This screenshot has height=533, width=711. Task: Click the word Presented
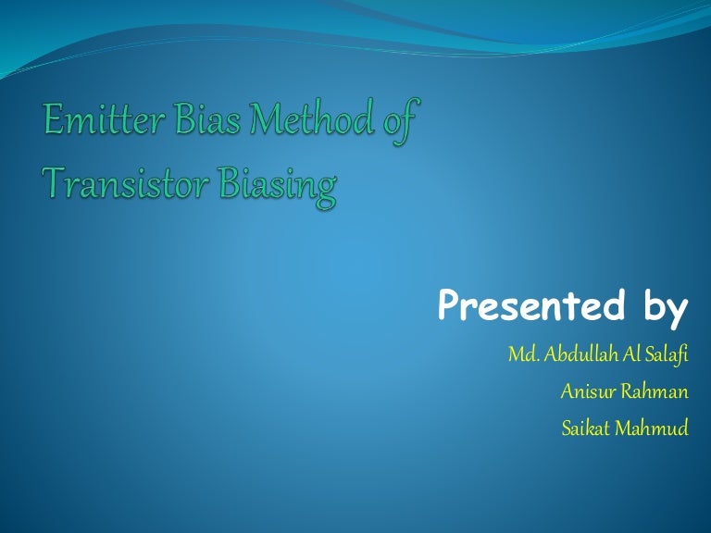[x=536, y=306]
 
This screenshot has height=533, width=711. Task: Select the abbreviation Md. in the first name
[x=521, y=355]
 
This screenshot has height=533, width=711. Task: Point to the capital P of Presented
[x=450, y=306]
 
